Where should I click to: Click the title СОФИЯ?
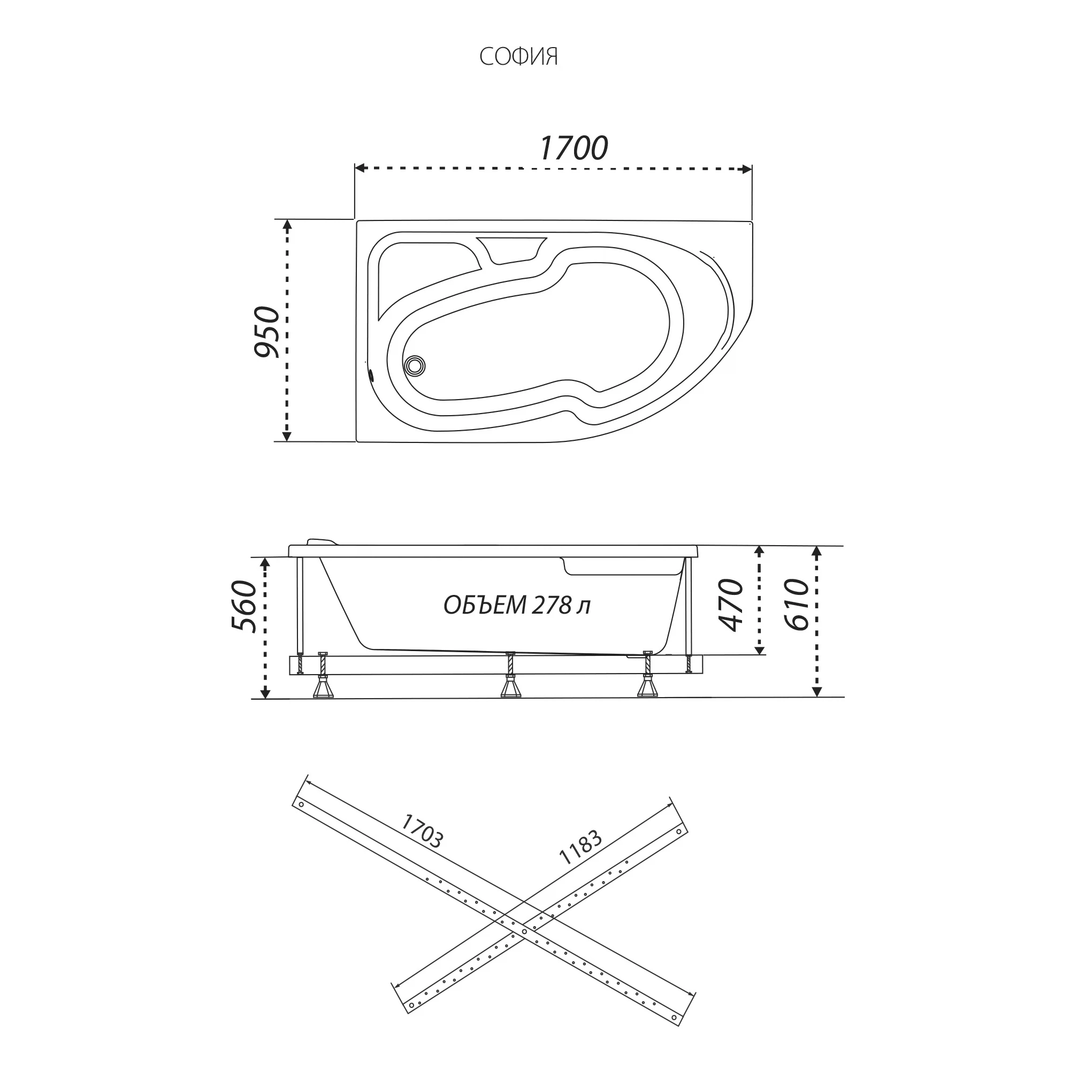tap(518, 57)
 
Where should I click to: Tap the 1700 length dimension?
tap(574, 148)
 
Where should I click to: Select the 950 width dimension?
tap(267, 331)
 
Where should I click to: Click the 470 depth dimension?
tap(730, 605)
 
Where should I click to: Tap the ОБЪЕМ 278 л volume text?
tap(517, 605)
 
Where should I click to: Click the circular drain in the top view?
tap(414, 365)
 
